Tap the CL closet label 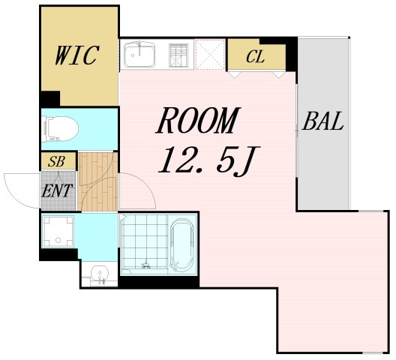pos(256,55)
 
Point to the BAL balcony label pos(323,122)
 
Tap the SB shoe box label pos(56,160)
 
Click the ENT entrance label pos(57,190)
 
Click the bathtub pos(182,244)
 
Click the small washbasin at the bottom pos(97,273)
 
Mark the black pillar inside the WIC pos(50,97)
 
